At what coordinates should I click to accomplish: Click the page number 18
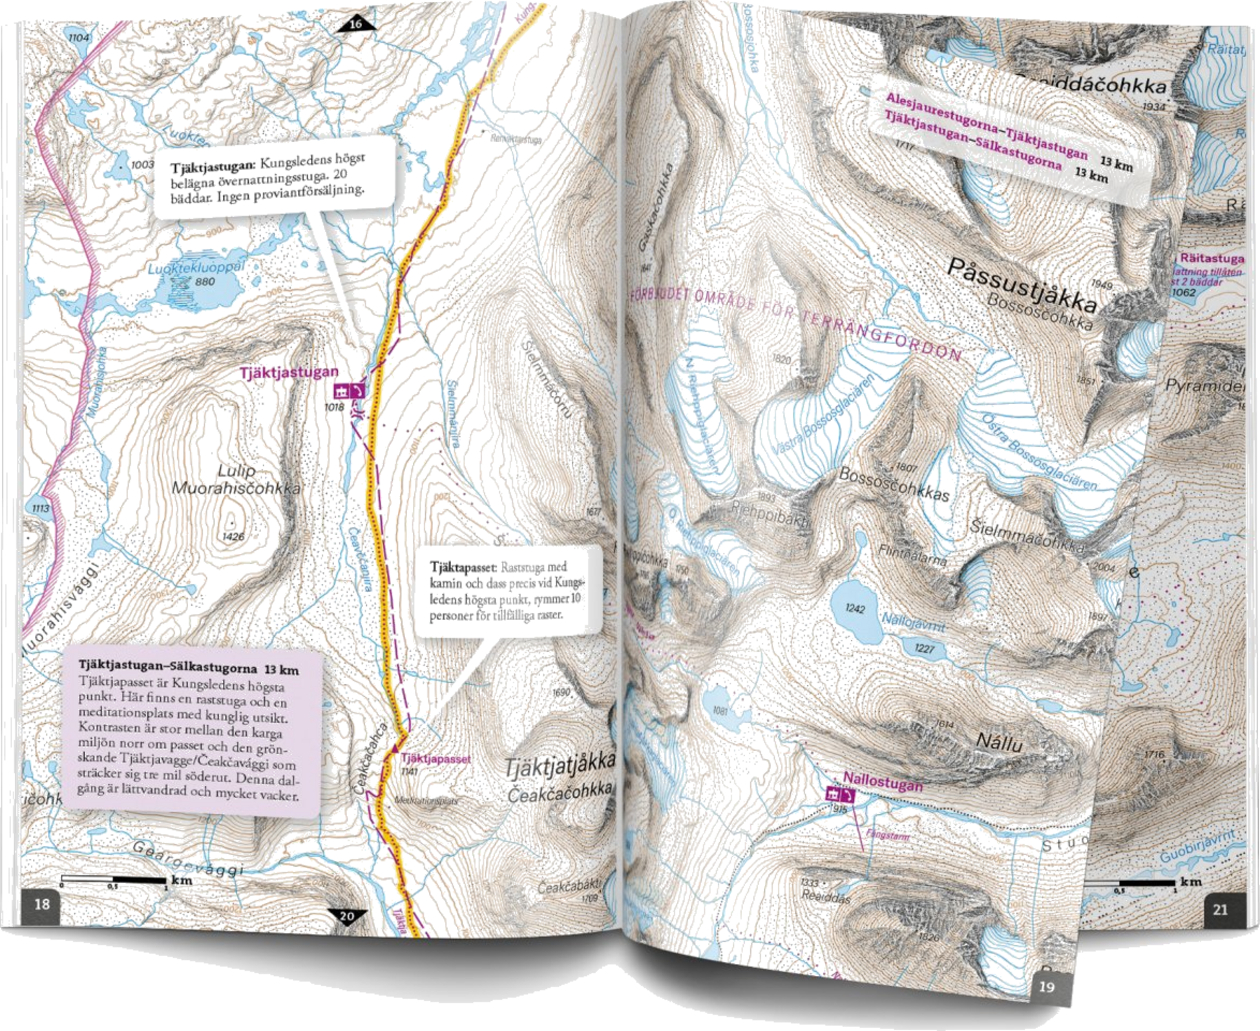42,904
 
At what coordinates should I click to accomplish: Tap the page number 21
1219,909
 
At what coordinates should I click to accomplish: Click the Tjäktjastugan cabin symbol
348,390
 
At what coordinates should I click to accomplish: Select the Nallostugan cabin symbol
841,796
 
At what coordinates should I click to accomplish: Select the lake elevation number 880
204,281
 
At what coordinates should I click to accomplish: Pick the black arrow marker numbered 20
346,915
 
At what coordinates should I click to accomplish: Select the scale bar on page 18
114,880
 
